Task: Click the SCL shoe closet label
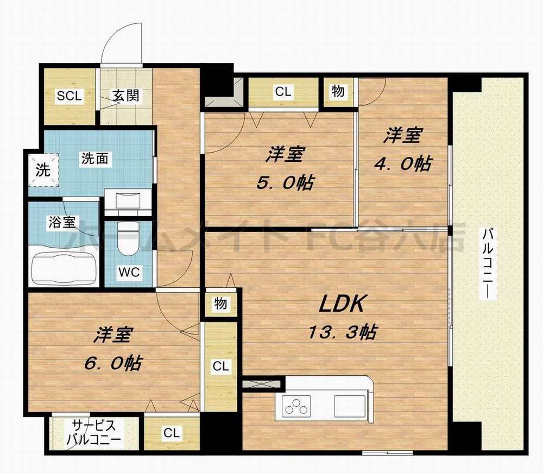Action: pyautogui.click(x=70, y=96)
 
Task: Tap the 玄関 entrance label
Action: pyautogui.click(x=126, y=95)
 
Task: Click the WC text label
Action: pyautogui.click(x=129, y=272)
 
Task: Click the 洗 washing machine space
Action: pyautogui.click(x=43, y=169)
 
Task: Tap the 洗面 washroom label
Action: pyautogui.click(x=95, y=159)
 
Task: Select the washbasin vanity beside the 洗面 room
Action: pyautogui.click(x=128, y=203)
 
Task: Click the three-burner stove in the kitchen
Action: pyautogui.click(x=296, y=407)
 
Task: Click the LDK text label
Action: pyautogui.click(x=342, y=304)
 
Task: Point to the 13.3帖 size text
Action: pyautogui.click(x=342, y=333)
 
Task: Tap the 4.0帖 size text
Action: pyautogui.click(x=402, y=163)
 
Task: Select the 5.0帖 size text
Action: pyautogui.click(x=285, y=183)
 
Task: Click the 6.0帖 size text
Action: pyautogui.click(x=112, y=363)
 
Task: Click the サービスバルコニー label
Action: pyautogui.click(x=94, y=432)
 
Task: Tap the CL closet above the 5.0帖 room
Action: pyautogui.click(x=283, y=92)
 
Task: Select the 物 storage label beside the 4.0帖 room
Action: pyautogui.click(x=338, y=91)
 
